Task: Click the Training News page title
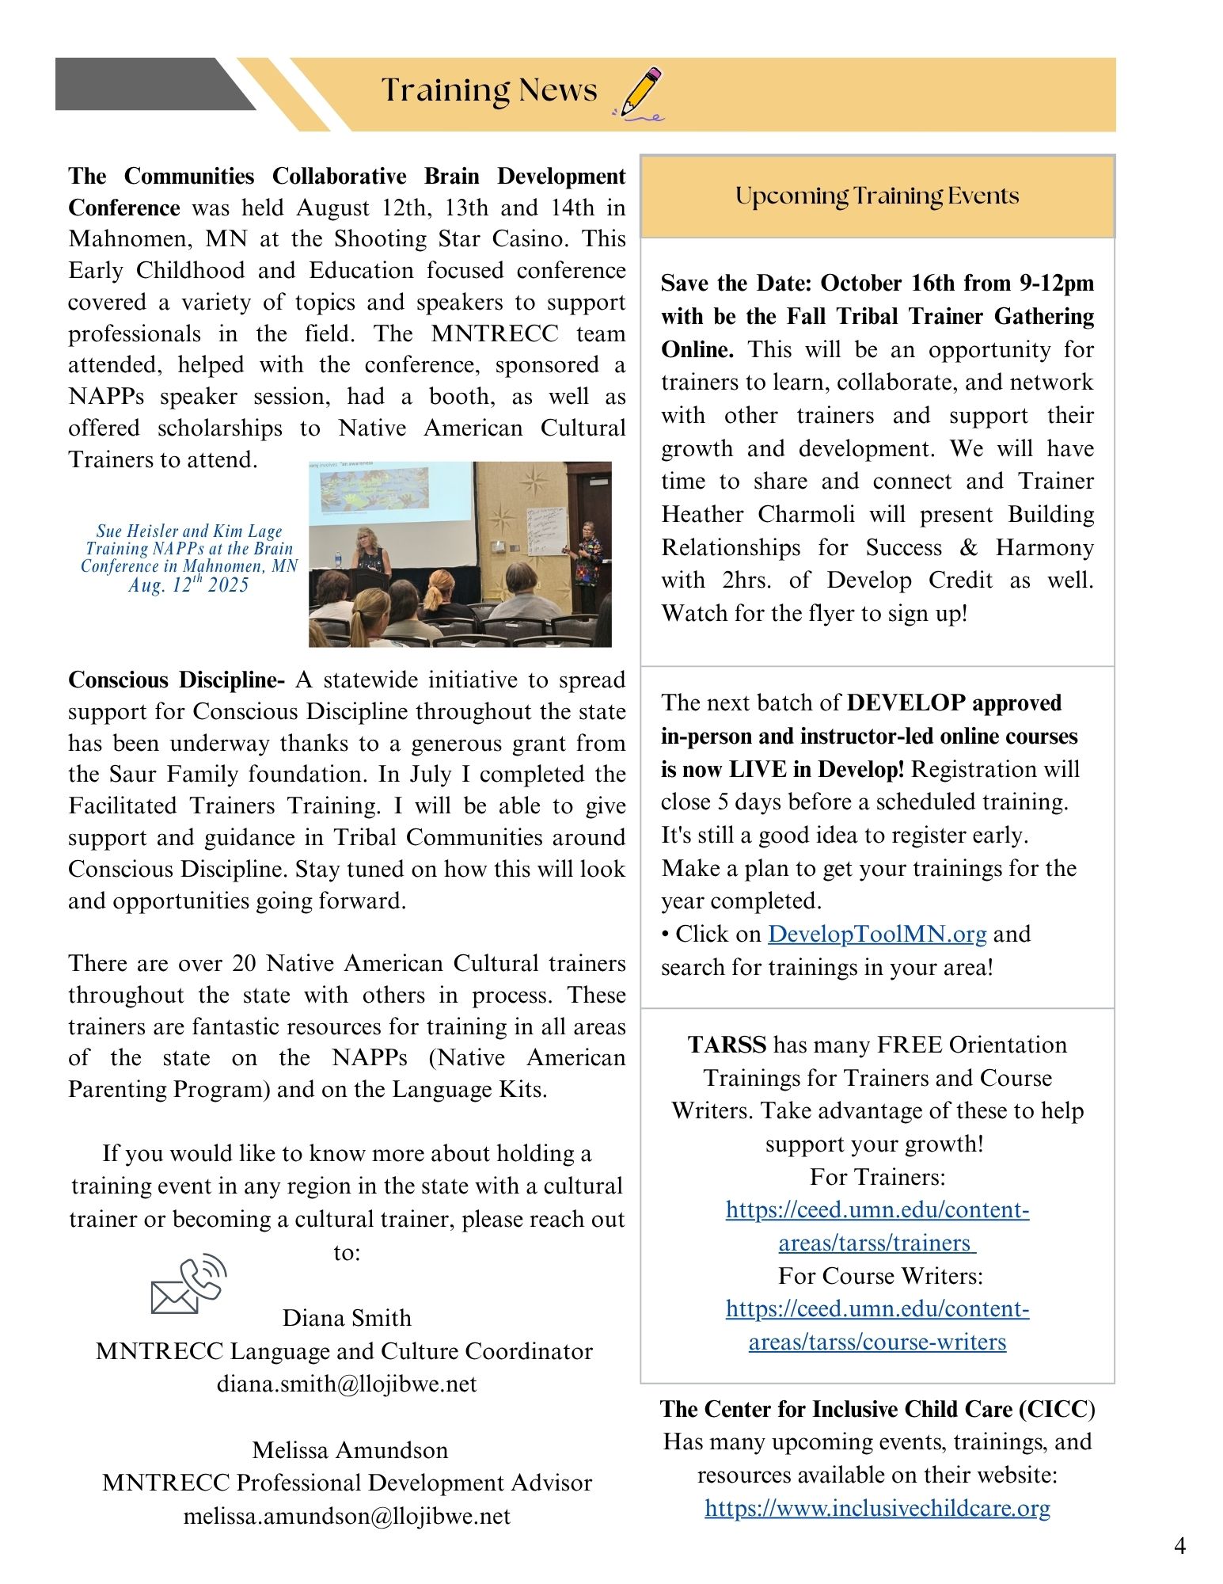coord(488,90)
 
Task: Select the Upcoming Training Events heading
coord(877,196)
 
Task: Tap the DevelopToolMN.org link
coord(877,935)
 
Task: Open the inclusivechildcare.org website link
coord(877,1508)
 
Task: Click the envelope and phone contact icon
coord(188,1285)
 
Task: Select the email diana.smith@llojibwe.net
coord(347,1384)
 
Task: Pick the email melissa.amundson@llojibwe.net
coord(347,1516)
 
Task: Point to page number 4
coord(1179,1546)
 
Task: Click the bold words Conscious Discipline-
coord(177,680)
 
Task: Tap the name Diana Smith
coord(347,1318)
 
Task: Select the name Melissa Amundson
coord(350,1450)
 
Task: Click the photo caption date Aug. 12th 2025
coord(188,585)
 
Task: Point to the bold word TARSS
coord(727,1045)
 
